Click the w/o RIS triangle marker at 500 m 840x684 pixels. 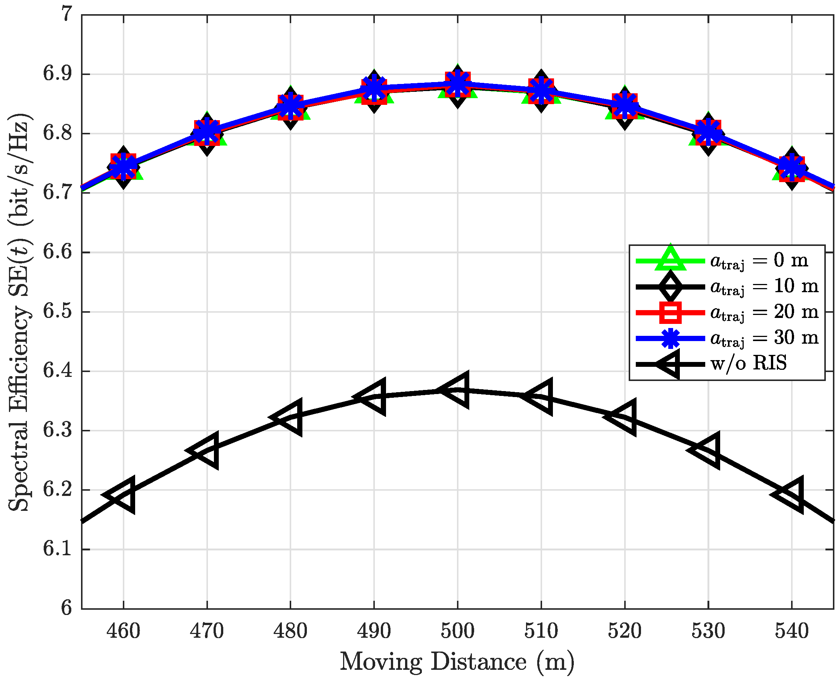point(457,390)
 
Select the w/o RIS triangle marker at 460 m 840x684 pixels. point(123,495)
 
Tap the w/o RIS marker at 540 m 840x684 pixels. point(791,494)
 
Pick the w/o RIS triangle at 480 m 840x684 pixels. point(290,417)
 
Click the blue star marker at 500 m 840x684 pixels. point(457,84)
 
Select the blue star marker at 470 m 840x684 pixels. point(207,130)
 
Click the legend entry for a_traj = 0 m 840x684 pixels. point(759,260)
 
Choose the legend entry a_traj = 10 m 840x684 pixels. point(764,286)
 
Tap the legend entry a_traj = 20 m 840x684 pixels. point(764,312)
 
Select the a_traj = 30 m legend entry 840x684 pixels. point(764,338)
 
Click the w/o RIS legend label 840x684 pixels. point(749,363)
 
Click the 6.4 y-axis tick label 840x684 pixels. point(57,371)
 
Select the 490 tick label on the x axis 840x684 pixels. point(374,631)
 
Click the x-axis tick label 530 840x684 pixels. point(708,631)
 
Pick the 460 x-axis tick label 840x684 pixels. point(123,631)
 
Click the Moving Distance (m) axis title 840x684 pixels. point(457,662)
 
